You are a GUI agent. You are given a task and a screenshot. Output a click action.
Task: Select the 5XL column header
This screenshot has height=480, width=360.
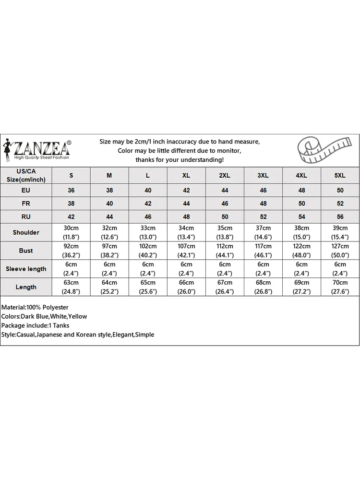[x=340, y=176]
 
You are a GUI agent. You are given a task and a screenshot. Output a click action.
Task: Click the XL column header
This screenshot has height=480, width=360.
[x=186, y=176]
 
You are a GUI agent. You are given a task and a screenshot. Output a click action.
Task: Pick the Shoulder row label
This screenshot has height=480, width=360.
[x=26, y=232]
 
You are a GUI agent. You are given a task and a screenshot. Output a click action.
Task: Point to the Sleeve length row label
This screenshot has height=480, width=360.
[x=26, y=269]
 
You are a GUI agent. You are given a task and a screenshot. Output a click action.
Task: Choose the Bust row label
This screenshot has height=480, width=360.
[x=26, y=251]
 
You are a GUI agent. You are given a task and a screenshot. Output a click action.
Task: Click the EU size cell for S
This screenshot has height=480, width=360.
[x=71, y=191]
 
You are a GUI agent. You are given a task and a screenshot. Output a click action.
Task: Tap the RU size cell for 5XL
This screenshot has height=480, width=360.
[x=340, y=217]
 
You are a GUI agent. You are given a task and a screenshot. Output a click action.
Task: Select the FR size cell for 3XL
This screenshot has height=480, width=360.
[x=263, y=204]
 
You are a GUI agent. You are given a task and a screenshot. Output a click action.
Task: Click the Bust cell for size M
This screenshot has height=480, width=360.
[x=109, y=251]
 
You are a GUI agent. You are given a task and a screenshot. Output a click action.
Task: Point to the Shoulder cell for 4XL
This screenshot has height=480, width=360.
[x=301, y=232]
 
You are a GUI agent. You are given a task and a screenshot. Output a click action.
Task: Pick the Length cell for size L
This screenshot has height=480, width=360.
[x=148, y=287]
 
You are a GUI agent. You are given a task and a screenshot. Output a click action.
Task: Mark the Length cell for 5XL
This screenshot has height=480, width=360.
[x=340, y=287]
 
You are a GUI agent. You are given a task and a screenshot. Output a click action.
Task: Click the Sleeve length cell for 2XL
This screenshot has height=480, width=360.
[x=225, y=269]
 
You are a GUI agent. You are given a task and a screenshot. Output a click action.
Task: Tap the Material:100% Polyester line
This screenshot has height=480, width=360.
[x=35, y=307]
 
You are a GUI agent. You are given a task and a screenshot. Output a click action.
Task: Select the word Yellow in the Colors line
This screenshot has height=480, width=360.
[x=78, y=316]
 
